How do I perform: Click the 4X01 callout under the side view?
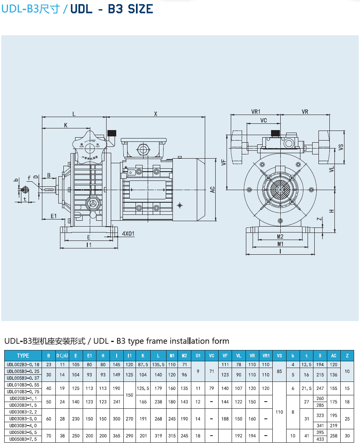coord(128,234)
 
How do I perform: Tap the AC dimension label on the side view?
coord(213,189)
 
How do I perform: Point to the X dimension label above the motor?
coord(156,114)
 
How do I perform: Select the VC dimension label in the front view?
coord(263,120)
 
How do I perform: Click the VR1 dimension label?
coord(256,112)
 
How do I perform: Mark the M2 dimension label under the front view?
coord(280,237)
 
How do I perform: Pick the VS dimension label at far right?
coord(341,147)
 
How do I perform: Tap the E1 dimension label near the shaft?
coord(54,216)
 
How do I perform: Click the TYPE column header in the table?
coord(23,356)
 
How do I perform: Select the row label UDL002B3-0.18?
coord(23,365)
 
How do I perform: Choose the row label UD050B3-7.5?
coord(23,439)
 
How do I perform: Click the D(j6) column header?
coord(62,356)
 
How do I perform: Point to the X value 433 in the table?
coord(320,439)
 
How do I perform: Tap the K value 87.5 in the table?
coord(143,365)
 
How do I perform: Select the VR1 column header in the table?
coord(266,356)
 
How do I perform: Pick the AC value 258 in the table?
coord(334,436)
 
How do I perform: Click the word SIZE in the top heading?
coord(138,9)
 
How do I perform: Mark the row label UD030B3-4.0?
coord(23,426)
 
